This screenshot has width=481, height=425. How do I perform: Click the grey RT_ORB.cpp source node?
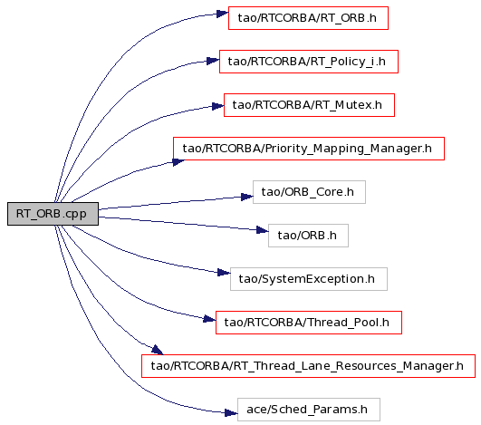pos(53,214)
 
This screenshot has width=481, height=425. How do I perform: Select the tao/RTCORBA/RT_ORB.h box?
pos(308,18)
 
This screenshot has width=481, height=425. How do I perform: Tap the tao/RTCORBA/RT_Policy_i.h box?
pos(309,62)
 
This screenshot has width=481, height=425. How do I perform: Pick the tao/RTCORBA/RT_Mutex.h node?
pos(309,105)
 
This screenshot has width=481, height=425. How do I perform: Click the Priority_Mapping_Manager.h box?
pos(309,149)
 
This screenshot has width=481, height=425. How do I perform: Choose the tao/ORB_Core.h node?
pos(309,192)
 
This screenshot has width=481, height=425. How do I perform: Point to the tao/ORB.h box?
pos(308,236)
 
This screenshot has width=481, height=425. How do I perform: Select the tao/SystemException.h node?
pos(309,279)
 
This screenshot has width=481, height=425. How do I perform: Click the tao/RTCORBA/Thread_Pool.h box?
pos(309,323)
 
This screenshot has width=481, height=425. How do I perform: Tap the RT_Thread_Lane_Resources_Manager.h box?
pos(308,366)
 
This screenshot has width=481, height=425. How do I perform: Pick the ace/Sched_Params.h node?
pos(309,410)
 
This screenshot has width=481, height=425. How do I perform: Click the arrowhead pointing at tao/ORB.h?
pos(263,230)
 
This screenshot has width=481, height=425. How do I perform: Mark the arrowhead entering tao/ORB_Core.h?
pos(247,197)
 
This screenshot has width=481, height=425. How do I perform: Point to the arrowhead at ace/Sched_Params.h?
pos(231,412)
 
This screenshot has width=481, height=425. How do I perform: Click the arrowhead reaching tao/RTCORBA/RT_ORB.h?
pos(223,14)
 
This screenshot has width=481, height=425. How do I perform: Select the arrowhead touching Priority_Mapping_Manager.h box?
pos(178,161)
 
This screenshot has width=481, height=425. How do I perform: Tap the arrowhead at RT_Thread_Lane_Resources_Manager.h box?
pos(157,350)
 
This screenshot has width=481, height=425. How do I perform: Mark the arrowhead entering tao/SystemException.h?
pos(224,273)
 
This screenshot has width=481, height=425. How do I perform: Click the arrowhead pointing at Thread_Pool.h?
pos(209,320)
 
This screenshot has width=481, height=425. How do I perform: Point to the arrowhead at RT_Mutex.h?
pos(217,106)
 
